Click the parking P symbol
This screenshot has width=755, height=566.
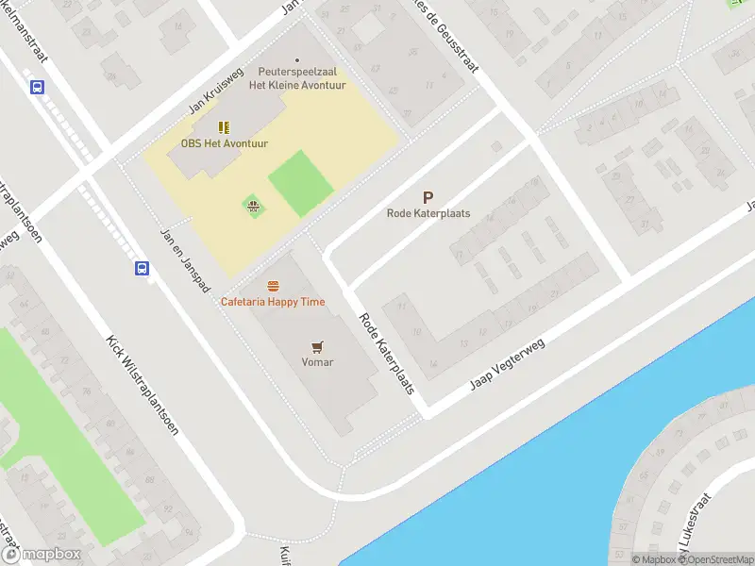428,198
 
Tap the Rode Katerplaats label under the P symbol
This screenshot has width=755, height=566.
428,213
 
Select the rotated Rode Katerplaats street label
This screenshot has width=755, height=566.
387,353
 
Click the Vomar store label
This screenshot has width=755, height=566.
317,362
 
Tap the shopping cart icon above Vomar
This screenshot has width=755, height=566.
317,347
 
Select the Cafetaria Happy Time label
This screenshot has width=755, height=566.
273,302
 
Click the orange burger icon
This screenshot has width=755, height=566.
273,286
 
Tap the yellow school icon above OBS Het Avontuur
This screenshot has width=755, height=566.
224,127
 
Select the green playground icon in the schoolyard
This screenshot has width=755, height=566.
253,206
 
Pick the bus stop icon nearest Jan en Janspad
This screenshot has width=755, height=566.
142,269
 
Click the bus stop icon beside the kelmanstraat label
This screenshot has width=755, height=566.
37,88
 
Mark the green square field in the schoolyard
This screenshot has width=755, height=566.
301,183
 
